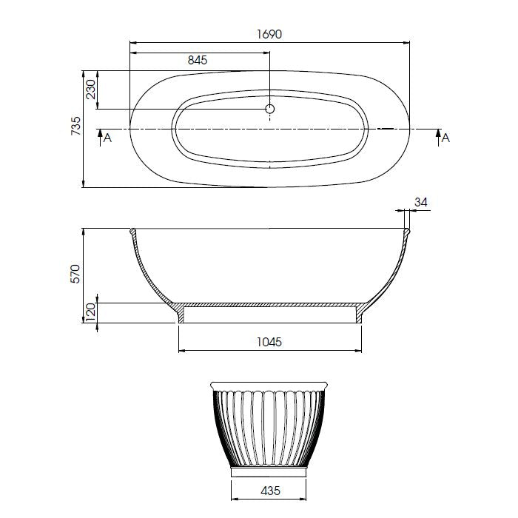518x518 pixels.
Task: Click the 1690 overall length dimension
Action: point(269,34)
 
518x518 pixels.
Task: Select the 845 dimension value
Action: point(198,61)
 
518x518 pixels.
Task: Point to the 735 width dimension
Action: point(75,129)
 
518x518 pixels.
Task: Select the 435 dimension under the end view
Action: point(270,490)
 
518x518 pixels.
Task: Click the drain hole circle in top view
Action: point(270,110)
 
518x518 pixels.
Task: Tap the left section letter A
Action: point(108,138)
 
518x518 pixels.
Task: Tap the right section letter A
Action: point(446,138)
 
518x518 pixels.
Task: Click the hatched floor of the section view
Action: point(270,304)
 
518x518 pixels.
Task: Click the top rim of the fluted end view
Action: point(269,386)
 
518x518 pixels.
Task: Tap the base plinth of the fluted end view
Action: point(269,470)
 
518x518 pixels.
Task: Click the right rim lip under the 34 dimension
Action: point(406,233)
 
